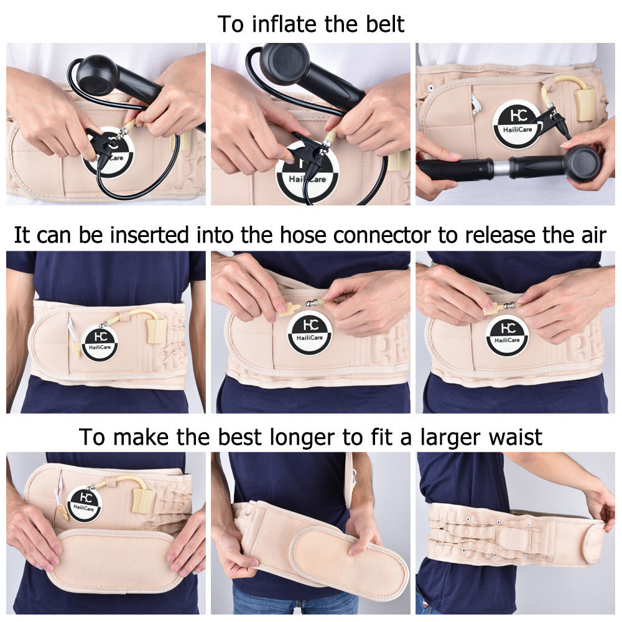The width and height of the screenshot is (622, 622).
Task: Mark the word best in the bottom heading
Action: coord(241,437)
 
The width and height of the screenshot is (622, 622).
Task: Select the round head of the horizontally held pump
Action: coord(582,163)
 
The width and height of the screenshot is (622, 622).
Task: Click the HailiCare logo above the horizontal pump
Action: coord(516,123)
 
